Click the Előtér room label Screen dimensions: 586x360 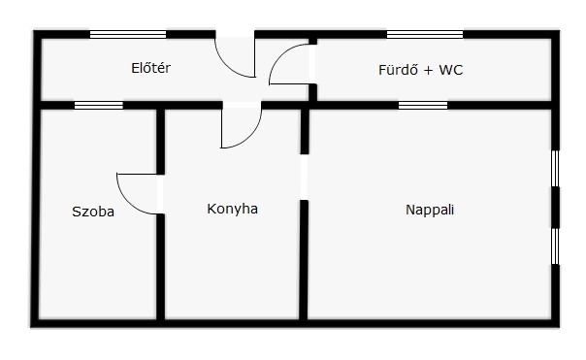(x=150, y=68)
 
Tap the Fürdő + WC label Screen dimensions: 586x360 (x=420, y=70)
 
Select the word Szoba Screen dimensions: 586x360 (x=93, y=212)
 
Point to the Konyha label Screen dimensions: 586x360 (x=233, y=209)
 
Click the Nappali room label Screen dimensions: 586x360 (x=430, y=210)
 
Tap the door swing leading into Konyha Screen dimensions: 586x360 (x=249, y=138)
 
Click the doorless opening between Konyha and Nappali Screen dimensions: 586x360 (x=305, y=178)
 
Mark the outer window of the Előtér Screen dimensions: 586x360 (x=128, y=34)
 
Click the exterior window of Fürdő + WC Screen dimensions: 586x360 (x=425, y=34)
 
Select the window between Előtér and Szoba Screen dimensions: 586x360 (x=99, y=105)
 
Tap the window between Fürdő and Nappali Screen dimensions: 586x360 (x=423, y=105)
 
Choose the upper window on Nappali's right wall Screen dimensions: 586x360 (x=555, y=168)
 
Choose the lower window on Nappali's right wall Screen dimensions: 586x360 (x=555, y=246)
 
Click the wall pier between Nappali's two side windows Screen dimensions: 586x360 (x=555, y=208)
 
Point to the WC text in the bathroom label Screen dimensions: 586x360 (x=451, y=70)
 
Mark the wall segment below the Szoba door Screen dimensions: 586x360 (x=160, y=267)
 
